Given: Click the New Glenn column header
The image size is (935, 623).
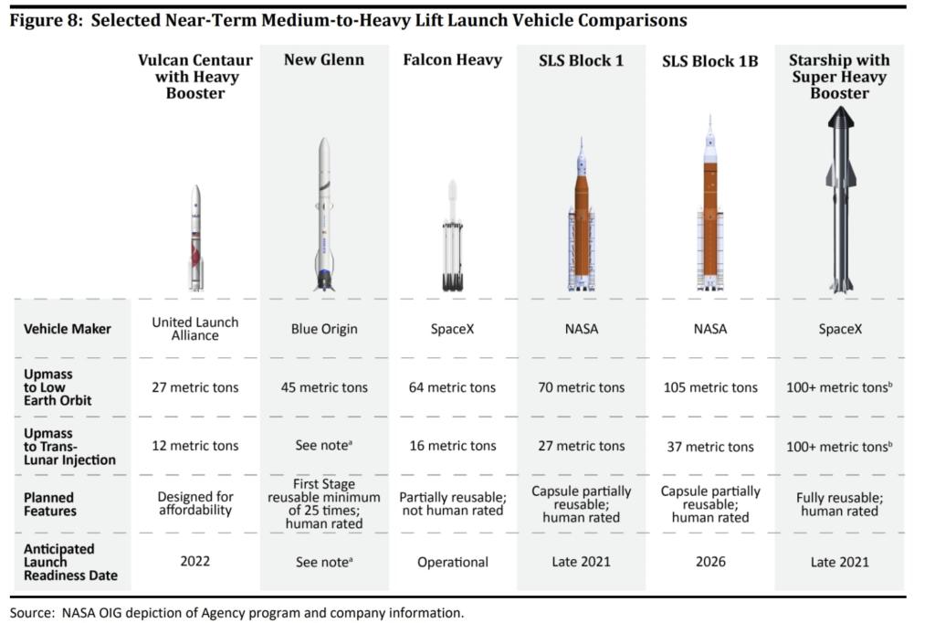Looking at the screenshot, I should pos(323,60).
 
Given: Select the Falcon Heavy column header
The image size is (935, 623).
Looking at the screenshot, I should pos(452,60).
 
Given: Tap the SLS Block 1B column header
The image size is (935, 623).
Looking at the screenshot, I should pos(709,61).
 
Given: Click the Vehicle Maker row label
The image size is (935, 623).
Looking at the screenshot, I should pos(68,329).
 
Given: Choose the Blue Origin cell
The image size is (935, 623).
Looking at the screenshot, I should pos(323,329).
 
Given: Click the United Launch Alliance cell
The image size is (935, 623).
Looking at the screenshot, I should pos(194,329).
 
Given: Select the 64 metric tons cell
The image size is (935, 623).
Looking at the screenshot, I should pos(452,387).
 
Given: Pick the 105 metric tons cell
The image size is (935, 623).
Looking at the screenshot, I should pos(709,387).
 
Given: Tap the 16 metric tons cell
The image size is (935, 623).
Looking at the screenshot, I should pos(452,446).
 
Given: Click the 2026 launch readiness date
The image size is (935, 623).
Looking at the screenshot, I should pos(709,562).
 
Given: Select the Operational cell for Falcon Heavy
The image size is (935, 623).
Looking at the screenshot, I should pos(452,562).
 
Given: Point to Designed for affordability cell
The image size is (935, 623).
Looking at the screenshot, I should pos(194,504).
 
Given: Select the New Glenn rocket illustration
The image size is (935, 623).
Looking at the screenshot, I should pos(324,215).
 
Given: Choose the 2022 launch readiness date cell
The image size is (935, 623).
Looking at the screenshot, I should pos(194,562).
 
